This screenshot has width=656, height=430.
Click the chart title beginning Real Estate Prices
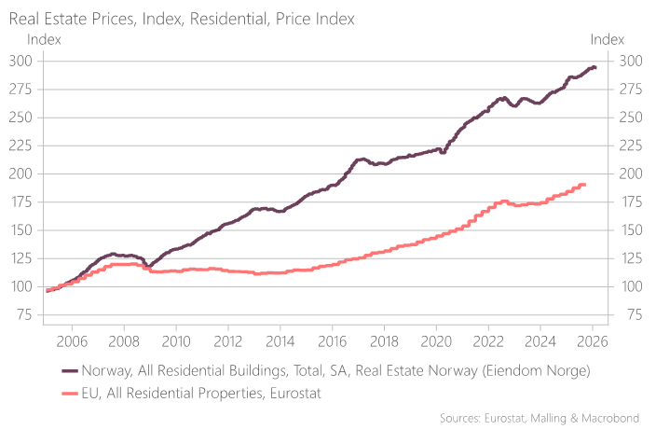181,19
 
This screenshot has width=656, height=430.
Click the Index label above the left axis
44,39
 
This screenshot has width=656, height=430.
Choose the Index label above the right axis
608,39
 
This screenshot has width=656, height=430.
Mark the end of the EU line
583,185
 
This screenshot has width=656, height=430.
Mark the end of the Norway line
594,67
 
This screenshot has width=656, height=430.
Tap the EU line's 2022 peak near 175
503,201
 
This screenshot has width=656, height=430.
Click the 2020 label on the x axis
437,341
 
